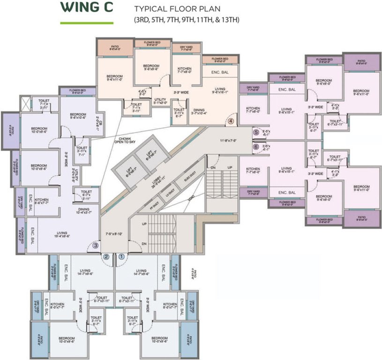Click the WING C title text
87,9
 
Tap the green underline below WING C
87,22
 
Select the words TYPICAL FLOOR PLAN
172,9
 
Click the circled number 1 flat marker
121,256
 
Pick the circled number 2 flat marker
106,256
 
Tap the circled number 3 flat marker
95,244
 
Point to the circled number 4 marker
231,120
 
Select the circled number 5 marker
256,133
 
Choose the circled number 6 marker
256,147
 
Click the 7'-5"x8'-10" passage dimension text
113,233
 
